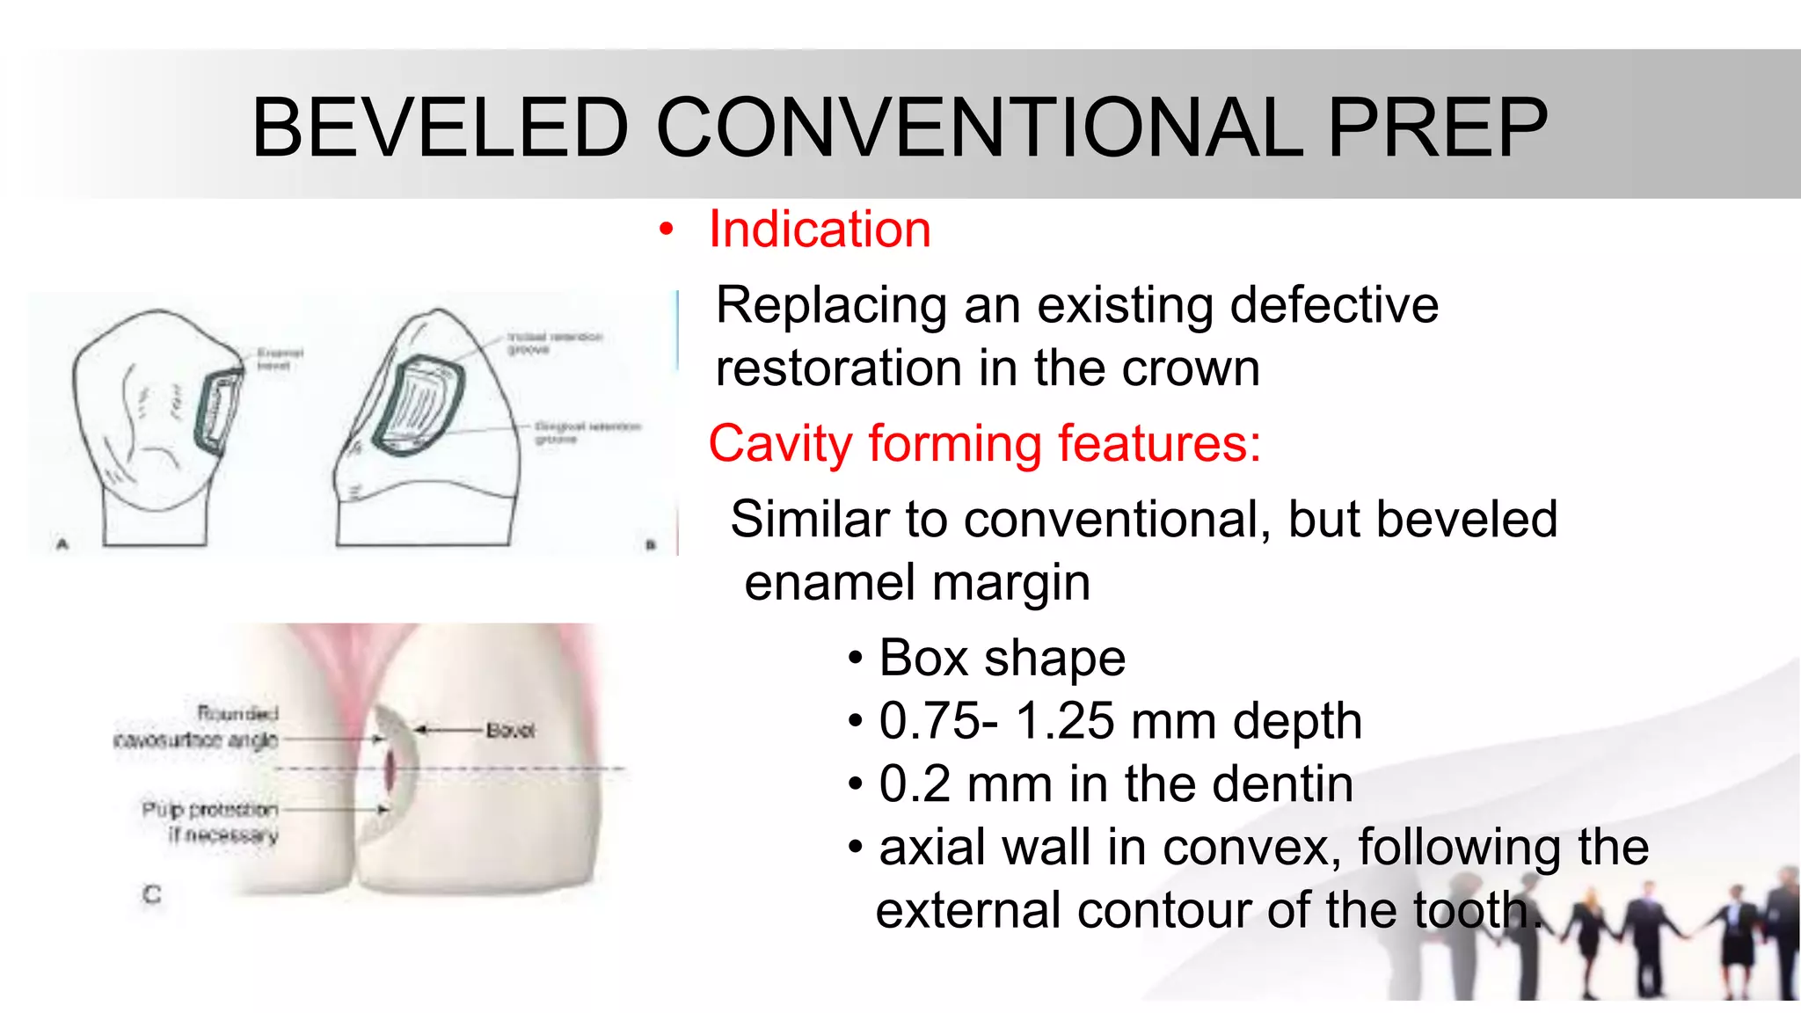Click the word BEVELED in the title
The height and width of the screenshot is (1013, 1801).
[440, 128]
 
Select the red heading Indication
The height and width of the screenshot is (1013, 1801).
[819, 230]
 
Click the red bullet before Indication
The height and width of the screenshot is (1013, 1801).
[667, 230]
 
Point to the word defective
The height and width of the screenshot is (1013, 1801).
[1334, 305]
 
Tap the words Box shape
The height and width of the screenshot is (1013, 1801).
[1002, 658]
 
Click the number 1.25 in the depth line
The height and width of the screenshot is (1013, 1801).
[1065, 721]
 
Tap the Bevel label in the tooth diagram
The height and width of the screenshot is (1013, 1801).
[510, 730]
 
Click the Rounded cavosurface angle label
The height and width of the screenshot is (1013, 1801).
[197, 726]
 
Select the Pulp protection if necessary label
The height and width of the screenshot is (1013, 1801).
[210, 820]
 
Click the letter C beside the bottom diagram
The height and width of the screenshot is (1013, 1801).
[152, 894]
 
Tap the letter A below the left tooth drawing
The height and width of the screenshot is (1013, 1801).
[62, 544]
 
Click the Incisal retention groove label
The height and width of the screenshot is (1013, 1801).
[554, 343]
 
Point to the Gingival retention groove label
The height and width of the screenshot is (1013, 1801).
[587, 432]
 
